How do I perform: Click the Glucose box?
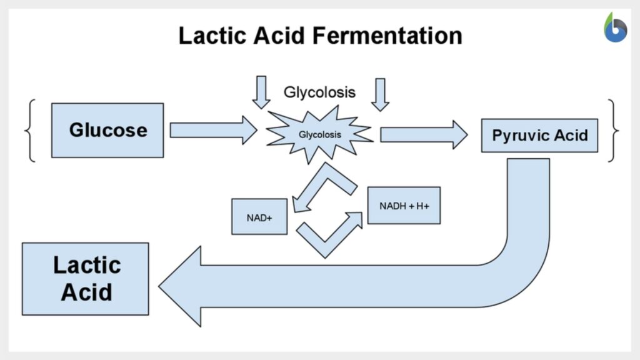coord(107,130)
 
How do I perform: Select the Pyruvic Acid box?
coord(539,136)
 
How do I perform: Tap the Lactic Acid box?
coord(86,279)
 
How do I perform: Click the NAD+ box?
coord(259,216)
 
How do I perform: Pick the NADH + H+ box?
coord(404,205)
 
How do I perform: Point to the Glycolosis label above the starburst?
coord(319,92)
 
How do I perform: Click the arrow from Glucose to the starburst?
coord(213,130)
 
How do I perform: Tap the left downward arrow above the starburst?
coord(261,91)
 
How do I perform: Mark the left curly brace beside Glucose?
coord(30,130)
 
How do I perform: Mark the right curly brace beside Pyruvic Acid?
coord(613,131)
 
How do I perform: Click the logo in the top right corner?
coord(615,27)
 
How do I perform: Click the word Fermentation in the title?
coord(387,35)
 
